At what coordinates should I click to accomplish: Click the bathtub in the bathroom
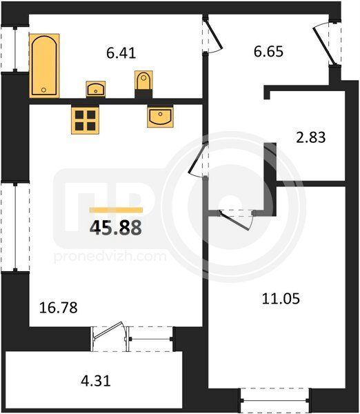coord(44,66)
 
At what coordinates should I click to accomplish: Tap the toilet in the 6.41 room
coord(143,80)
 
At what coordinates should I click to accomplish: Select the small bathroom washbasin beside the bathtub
coord(96,89)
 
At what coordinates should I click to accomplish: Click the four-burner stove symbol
coord(85,119)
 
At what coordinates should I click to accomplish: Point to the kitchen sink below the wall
coord(160,116)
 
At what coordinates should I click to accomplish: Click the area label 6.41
coord(121,53)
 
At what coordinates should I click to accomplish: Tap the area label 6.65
coord(268,51)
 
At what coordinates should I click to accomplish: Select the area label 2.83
coord(310,137)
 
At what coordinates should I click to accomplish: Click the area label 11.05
coord(281,299)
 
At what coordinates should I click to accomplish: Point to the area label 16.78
coord(59,308)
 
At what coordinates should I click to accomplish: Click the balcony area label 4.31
coord(96,381)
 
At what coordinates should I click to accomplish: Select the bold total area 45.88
coord(116,228)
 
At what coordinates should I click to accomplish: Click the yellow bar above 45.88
coord(116,210)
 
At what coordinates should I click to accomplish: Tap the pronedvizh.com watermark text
coord(110,257)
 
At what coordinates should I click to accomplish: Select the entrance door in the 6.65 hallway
coord(324,46)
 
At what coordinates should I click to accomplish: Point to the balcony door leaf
coord(108,330)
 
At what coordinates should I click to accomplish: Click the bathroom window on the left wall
coord(15,49)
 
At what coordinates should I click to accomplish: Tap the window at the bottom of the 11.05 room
coord(274,400)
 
